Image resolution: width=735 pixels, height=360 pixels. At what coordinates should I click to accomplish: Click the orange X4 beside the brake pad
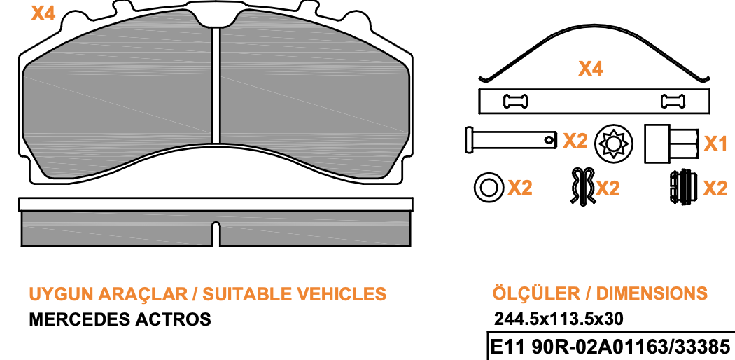click(x=43, y=13)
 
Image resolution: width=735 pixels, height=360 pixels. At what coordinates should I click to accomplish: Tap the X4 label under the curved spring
click(x=591, y=69)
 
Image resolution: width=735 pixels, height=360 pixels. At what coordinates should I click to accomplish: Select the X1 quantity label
click(x=716, y=144)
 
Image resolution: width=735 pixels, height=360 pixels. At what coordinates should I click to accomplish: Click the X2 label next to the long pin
click(x=575, y=141)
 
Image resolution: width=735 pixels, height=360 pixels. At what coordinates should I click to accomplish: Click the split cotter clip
click(x=582, y=186)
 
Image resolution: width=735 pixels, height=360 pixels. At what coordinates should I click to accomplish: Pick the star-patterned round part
click(x=614, y=142)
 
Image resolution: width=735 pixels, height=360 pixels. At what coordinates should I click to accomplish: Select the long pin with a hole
click(x=511, y=139)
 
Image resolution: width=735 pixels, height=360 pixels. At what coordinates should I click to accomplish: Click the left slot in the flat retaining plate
click(x=515, y=101)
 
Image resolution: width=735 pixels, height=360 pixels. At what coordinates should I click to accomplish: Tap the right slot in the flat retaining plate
click(x=673, y=101)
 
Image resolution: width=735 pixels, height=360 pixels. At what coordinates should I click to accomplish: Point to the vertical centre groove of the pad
click(x=216, y=85)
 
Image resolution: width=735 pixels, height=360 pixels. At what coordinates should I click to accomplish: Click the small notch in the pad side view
click(x=215, y=233)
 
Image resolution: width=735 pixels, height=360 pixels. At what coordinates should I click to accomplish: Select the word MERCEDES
click(x=78, y=319)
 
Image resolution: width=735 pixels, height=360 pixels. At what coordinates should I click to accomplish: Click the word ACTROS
click(x=172, y=319)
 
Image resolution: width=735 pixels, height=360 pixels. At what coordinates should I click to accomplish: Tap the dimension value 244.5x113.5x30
click(x=559, y=319)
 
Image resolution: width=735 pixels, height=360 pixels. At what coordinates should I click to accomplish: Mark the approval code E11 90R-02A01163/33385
click(x=610, y=347)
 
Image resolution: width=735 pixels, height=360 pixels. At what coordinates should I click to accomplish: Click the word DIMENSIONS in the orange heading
click(x=652, y=293)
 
